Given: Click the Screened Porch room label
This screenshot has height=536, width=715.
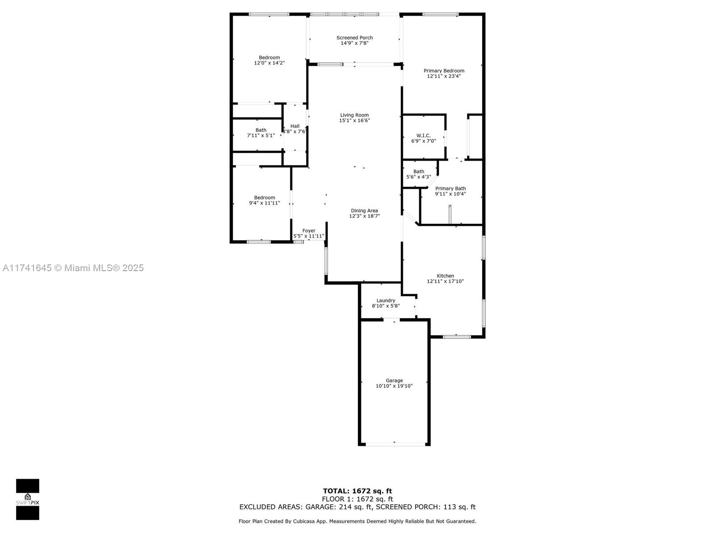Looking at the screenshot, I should [354, 38].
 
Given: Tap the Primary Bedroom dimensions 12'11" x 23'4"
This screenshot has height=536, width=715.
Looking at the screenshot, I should [444, 76].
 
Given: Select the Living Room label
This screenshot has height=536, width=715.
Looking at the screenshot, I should [354, 115].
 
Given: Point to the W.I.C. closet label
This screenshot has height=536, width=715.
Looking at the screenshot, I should [423, 135].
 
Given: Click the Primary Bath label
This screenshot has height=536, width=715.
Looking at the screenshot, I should [450, 188].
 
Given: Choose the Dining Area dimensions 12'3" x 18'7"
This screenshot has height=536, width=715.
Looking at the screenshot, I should [364, 216].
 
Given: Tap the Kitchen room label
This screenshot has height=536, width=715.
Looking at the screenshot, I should [445, 276].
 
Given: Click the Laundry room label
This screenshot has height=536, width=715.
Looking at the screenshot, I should [386, 300].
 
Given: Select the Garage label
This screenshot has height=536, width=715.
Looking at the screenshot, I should [394, 381].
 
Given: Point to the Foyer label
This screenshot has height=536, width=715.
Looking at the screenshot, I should [309, 230].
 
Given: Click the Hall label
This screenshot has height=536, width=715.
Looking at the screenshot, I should [295, 126].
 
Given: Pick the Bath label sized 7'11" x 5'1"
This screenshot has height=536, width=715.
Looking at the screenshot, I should [261, 130].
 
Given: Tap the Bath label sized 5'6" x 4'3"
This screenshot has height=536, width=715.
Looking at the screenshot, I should [419, 172].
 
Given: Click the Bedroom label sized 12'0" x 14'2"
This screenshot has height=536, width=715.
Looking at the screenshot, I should [269, 57].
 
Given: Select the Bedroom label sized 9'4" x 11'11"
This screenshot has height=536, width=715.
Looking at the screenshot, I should [265, 197].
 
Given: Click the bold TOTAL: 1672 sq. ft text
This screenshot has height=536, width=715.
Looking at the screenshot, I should [357, 491].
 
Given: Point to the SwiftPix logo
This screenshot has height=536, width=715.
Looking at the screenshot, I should [28, 499].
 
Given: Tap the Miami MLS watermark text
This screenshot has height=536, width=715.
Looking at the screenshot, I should [73, 268].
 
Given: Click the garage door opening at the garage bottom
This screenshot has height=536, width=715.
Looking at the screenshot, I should [395, 444].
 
